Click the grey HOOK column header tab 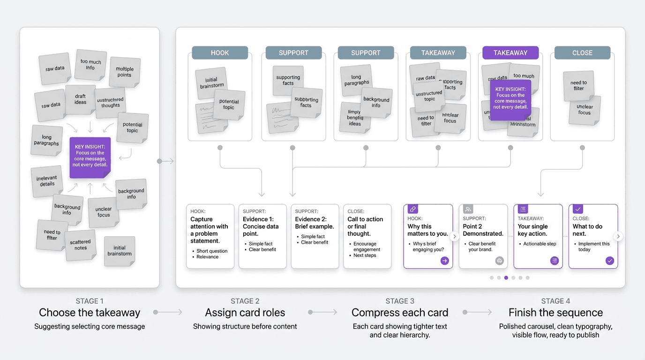220,52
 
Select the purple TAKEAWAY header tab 510,52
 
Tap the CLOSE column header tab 582,52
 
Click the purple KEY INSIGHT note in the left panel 90,157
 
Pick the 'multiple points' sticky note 125,72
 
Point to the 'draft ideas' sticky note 81,99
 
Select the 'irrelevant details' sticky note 47,181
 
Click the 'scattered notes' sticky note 81,245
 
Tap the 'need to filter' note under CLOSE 578,85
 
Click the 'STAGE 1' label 90,301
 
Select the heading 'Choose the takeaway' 90,313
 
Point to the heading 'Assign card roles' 245,313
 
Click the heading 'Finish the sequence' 555,313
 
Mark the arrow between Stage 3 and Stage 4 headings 477,312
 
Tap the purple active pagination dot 506,277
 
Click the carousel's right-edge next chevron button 618,236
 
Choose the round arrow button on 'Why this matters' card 444,261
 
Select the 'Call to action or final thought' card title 365,226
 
